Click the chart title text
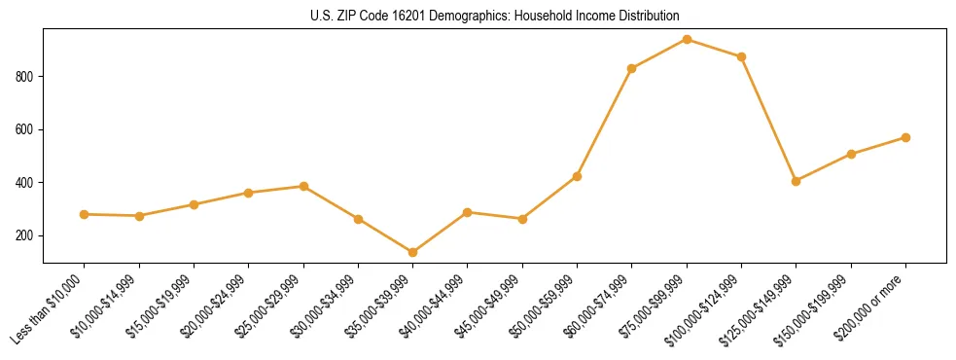[x=494, y=17]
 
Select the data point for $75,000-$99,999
[x=687, y=40]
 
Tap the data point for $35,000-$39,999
[x=412, y=252]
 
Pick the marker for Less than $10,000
[x=84, y=214]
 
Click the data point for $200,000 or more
[x=905, y=137]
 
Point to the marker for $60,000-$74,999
[x=632, y=68]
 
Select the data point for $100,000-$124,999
[x=741, y=56]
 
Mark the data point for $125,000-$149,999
[x=797, y=181]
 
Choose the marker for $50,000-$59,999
[x=577, y=176]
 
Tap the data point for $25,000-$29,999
[x=303, y=186]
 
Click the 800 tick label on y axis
[x=29, y=77]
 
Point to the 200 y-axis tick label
[x=29, y=235]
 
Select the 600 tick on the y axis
[x=29, y=129]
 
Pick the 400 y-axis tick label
[x=29, y=183]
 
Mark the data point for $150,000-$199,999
[x=851, y=154]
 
